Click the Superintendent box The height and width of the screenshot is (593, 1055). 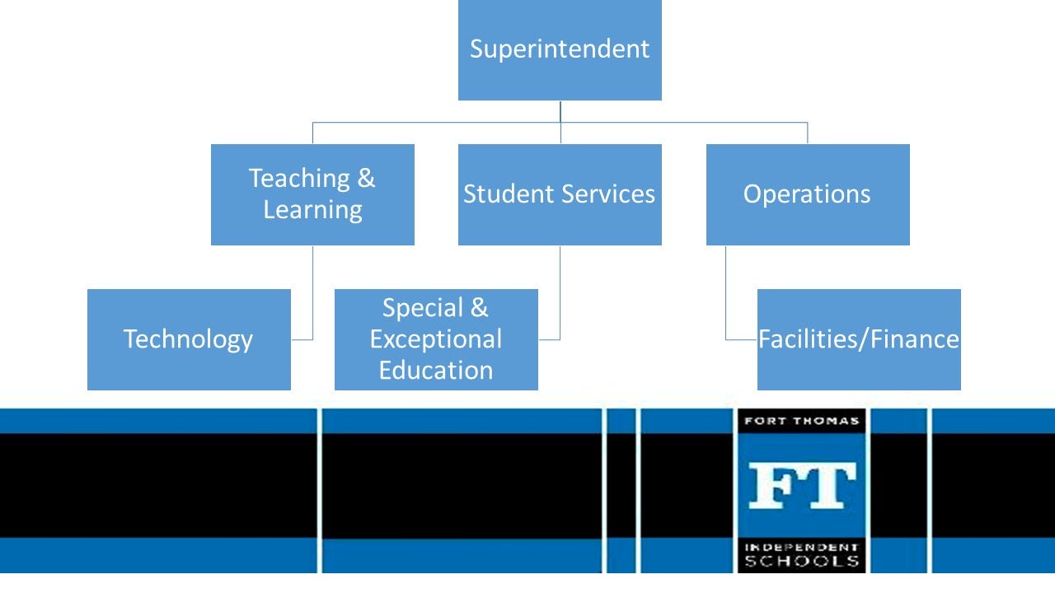[560, 50]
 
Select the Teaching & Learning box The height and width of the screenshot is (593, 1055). [312, 194]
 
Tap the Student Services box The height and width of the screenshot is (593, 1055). [560, 194]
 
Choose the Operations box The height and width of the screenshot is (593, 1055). [808, 194]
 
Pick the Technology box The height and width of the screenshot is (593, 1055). [189, 339]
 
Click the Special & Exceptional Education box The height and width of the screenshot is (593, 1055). [436, 339]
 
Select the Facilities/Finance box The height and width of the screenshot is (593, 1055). [859, 339]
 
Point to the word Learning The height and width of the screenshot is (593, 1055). [312, 209]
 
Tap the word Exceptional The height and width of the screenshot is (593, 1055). [436, 339]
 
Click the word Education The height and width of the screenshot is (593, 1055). [436, 370]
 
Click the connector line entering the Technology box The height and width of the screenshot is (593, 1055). [302, 339]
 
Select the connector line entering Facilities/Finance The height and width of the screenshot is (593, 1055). [741, 339]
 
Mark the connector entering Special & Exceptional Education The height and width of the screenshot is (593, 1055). [549, 339]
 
